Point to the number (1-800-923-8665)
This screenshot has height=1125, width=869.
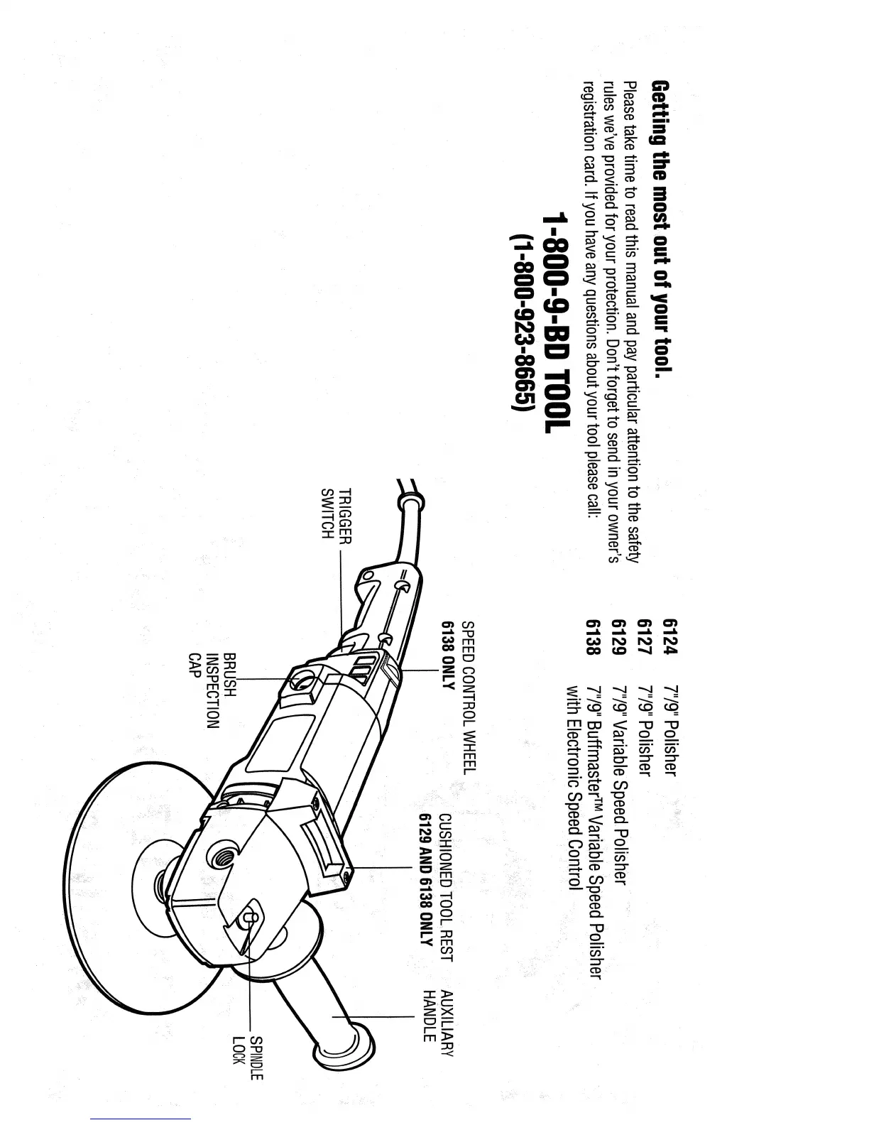[523, 323]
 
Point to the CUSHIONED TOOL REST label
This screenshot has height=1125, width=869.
[445, 888]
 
